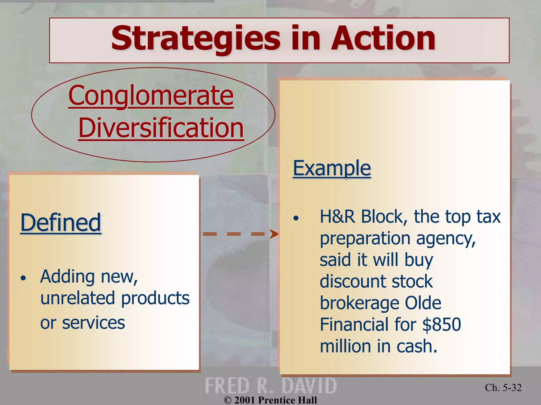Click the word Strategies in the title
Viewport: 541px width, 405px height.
pos(195,39)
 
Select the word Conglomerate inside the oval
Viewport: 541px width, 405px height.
pos(151,95)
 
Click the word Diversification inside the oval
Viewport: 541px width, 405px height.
pos(161,128)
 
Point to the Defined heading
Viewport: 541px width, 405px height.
pos(61,223)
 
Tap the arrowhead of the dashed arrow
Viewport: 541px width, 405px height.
pos(274,234)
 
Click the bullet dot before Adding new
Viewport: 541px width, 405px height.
pos(24,278)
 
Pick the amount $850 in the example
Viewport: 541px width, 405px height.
pos(441,325)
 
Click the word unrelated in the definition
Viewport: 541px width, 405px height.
pos(78,298)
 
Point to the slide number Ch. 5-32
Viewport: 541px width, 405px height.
pos(503,388)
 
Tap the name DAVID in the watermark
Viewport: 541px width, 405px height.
pos(309,386)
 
